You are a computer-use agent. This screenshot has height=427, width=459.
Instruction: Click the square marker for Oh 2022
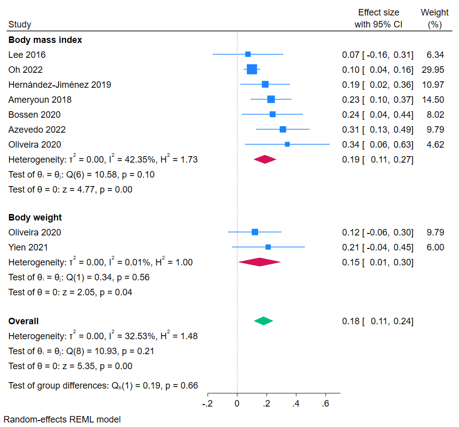pos(252,69)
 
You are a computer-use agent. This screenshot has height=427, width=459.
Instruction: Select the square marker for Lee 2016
pos(248,54)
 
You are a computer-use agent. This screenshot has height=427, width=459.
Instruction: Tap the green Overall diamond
pos(263,321)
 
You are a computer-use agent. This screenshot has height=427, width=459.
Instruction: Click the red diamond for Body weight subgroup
pos(259,262)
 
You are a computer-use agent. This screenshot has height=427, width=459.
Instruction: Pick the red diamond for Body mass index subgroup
pos(265,160)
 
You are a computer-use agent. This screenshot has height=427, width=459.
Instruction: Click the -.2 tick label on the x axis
pos(207,403)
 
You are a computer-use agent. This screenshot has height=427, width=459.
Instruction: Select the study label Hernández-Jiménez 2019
pos(59,85)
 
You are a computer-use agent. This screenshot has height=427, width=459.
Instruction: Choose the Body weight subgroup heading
pos(35,217)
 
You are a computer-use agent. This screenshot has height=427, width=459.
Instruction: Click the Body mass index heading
pos(45,40)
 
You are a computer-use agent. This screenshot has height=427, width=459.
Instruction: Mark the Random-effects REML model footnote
pos(62,420)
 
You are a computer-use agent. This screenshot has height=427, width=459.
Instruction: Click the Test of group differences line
pos(103,386)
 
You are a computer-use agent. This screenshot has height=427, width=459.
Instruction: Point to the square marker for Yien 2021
pos(268,247)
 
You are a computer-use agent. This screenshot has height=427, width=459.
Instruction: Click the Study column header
pos(19,24)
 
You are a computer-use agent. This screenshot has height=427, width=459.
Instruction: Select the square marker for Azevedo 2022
pos(283,129)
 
